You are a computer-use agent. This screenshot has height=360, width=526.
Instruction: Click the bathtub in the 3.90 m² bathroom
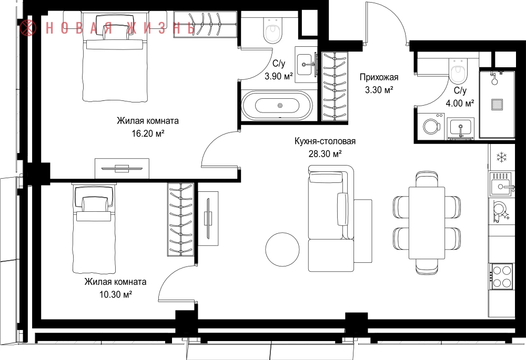coord(277,105)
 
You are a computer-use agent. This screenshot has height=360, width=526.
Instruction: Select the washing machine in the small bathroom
coord(431,126)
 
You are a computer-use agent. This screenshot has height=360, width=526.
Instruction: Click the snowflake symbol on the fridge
coord(501,157)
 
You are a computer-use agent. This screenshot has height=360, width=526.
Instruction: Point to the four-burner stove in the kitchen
coord(502,276)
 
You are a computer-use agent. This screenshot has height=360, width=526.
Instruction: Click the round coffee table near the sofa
coord(282,250)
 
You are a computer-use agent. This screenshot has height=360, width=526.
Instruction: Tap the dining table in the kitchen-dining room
coord(427,223)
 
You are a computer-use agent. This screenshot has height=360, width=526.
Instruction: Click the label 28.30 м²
coord(325,154)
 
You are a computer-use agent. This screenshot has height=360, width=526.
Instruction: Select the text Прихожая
coord(379,77)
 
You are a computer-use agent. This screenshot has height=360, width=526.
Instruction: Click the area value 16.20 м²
coord(148,133)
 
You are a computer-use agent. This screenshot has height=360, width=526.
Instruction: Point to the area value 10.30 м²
coord(115,295)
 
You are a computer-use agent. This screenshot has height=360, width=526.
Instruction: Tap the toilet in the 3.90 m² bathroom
coord(272,30)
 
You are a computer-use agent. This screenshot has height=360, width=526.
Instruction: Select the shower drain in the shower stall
coord(497,104)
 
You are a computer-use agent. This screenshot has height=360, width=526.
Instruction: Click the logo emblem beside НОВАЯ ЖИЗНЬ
coord(28,27)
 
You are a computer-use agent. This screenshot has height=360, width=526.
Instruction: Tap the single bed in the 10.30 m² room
coord(94,228)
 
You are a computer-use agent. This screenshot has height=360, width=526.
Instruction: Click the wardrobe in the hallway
coord(334,86)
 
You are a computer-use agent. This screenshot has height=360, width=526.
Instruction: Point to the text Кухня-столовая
coord(325,141)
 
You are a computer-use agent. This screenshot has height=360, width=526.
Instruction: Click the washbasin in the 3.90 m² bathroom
coord(306,64)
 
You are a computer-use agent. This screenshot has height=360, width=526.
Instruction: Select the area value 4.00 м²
coord(460,103)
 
